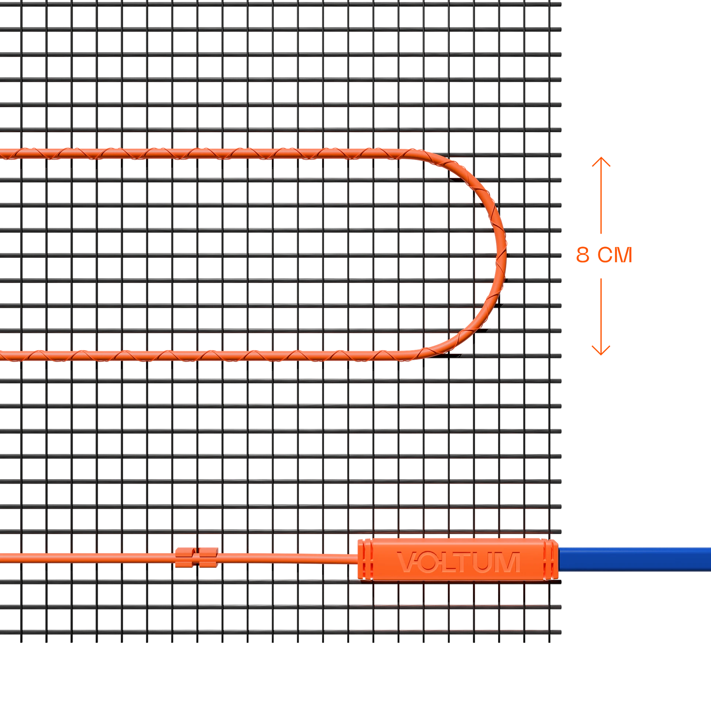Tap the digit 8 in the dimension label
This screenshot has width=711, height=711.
pos(583,255)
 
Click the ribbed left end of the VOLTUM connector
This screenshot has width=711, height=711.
pos(364,559)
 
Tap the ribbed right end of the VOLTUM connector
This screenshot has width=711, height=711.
pos(552,559)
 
